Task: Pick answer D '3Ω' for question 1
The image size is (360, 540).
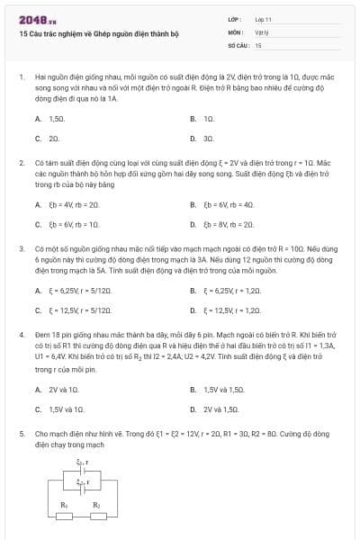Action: (208, 139)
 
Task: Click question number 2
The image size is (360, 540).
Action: (22, 163)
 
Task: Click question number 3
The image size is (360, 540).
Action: (22, 247)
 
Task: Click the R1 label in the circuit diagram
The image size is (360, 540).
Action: (64, 505)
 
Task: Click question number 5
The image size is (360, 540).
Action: (22, 433)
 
